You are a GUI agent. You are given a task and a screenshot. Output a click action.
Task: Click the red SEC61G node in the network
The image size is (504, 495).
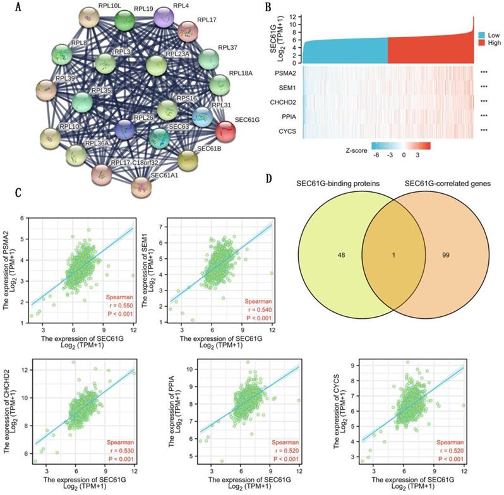226,131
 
